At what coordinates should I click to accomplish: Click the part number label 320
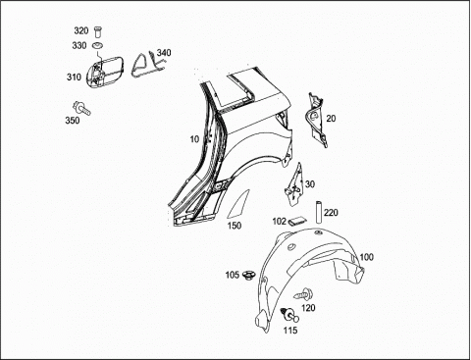tap(81, 30)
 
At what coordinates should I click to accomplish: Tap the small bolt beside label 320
tap(97, 32)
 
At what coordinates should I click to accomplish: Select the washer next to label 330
tap(97, 45)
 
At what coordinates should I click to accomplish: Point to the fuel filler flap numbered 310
tap(105, 72)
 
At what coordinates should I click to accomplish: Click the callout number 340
tap(164, 53)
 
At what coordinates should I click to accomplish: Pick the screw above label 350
tap(81, 108)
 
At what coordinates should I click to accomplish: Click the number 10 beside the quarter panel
tap(194, 139)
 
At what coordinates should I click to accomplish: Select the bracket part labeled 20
tap(317, 120)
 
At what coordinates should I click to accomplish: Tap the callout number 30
tap(310, 184)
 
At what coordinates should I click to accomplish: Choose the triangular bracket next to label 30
tap(294, 184)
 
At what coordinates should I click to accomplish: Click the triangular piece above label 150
tap(239, 204)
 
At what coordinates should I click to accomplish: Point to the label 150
tap(235, 226)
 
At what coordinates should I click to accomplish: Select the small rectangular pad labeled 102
tap(297, 221)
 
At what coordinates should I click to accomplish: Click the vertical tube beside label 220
tap(318, 213)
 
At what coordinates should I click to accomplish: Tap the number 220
tap(331, 213)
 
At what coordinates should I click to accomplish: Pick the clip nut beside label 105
tap(250, 275)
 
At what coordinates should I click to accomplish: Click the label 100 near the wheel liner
tap(366, 257)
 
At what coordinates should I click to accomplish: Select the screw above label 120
tap(303, 293)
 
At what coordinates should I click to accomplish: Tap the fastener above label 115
tap(289, 315)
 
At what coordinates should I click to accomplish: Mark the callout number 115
tap(290, 331)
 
